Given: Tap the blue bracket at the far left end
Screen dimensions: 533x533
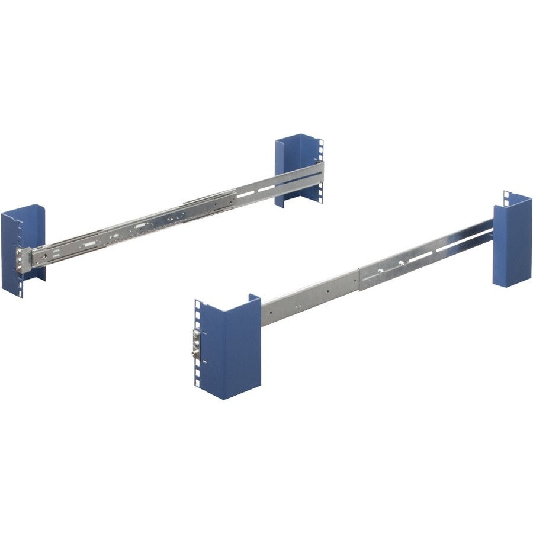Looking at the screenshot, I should tap(24, 249).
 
